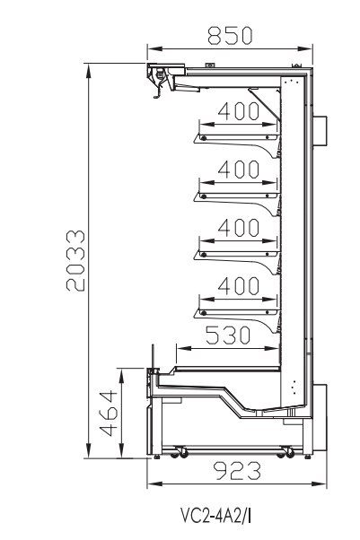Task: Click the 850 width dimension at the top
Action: tap(230, 36)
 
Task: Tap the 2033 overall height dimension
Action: tap(75, 261)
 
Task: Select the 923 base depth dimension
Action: tap(237, 471)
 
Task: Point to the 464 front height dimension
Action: tap(109, 413)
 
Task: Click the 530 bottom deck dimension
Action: tap(228, 335)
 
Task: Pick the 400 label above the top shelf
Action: tap(238, 110)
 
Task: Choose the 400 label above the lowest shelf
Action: tap(238, 286)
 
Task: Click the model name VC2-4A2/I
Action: tap(215, 516)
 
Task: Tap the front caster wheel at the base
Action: tap(180, 452)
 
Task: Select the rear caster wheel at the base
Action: tap(287, 452)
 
